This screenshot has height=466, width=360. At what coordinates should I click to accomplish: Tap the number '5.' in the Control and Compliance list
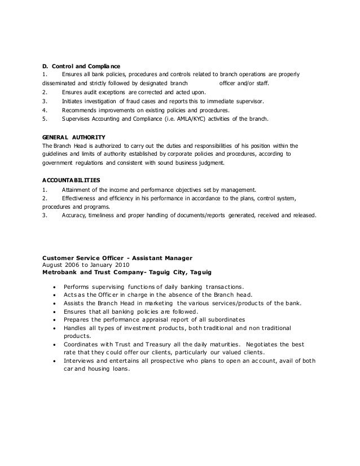click(45, 119)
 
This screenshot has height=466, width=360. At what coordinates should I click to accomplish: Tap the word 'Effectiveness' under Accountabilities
click(80, 199)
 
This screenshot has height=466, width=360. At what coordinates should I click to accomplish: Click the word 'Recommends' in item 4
click(82, 110)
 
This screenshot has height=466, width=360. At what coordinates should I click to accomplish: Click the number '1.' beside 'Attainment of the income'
click(45, 190)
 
